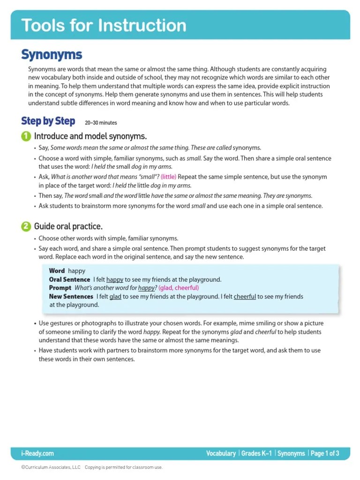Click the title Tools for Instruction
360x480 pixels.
pyautogui.click(x=104, y=25)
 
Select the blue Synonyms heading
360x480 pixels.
pyautogui.click(x=52, y=55)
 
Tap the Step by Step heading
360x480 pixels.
pyautogui.click(x=48, y=121)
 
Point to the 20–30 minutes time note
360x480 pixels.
pyautogui.click(x=101, y=123)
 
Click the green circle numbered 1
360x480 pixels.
pyautogui.click(x=26, y=136)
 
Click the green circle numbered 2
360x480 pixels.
pyautogui.click(x=26, y=226)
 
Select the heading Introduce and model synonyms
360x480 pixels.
pyautogui.click(x=90, y=136)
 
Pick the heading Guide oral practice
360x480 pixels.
pyautogui.click(x=68, y=226)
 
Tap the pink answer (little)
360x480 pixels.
pyautogui.click(x=168, y=177)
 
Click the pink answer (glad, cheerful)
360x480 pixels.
pyautogui.click(x=179, y=288)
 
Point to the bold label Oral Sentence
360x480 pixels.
pyautogui.click(x=69, y=279)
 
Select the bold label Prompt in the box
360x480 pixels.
pyautogui.click(x=60, y=288)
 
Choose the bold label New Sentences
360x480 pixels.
pyautogui.click(x=71, y=296)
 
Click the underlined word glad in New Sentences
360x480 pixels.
pyautogui.click(x=115, y=296)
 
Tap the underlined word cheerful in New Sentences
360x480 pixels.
pyautogui.click(x=245, y=296)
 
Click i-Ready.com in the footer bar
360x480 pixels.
pyautogui.click(x=37, y=453)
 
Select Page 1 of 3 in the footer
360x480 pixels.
pyautogui.click(x=324, y=453)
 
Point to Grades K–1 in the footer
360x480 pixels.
pyautogui.click(x=256, y=453)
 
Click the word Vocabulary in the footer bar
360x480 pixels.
pyautogui.click(x=221, y=453)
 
